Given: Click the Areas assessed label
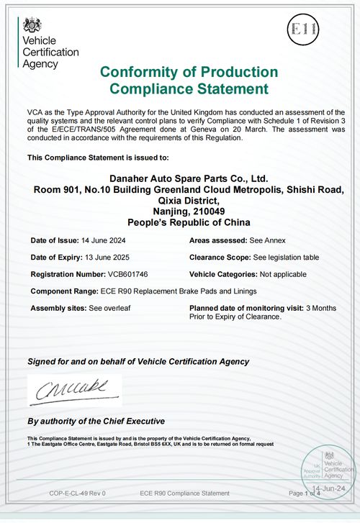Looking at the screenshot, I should coord(219,240).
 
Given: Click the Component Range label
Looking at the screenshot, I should coord(64,291).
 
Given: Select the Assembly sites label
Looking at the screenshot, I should coord(58,308).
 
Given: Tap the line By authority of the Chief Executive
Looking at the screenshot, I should coord(96,421).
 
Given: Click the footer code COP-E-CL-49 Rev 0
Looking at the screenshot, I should coord(77,493).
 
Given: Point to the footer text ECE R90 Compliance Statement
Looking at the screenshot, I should coord(185,493).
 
